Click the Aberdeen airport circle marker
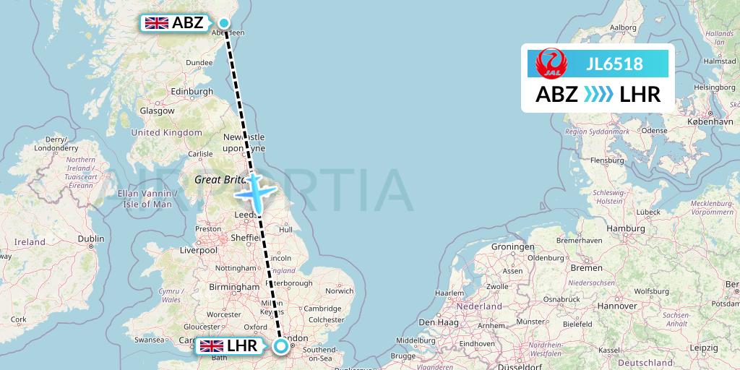225,23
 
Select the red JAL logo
551,64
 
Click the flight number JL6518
615,64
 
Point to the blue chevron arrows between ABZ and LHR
597,95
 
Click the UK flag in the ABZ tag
157,23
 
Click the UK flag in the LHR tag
212,346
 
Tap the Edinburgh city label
192,92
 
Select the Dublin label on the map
91,238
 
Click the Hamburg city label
626,228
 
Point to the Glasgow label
158,111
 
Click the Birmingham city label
233,287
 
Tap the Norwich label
339,291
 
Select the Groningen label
512,246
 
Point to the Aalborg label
623,28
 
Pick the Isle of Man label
147,204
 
